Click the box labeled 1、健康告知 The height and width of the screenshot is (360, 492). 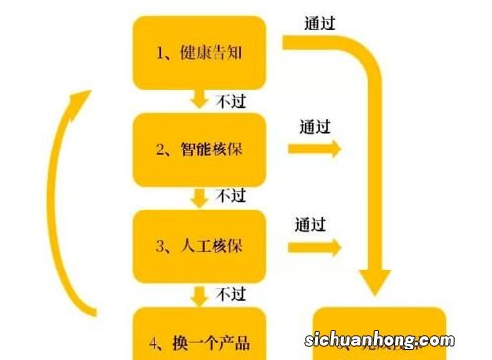(199, 51)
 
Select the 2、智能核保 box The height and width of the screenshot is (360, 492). (199, 149)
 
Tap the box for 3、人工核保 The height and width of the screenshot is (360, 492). (199, 246)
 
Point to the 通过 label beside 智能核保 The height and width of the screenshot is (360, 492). (315, 127)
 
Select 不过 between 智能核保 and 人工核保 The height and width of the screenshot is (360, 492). (231, 196)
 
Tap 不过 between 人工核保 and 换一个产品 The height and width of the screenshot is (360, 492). (231, 293)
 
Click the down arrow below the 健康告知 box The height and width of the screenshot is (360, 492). (200, 99)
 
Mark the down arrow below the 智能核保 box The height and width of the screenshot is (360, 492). (200, 197)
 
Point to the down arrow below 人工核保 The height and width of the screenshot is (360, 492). (200, 294)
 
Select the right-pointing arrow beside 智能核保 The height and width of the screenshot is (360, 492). (316, 150)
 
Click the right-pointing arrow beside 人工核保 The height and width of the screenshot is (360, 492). (316, 247)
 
